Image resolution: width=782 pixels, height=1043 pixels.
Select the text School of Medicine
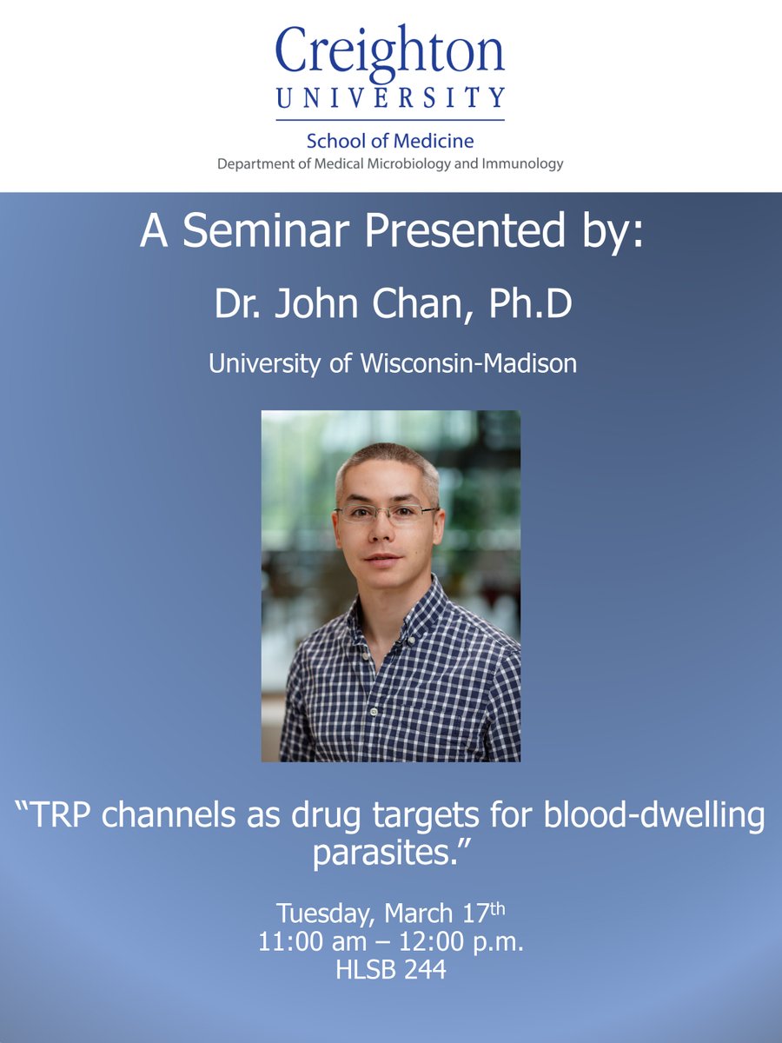[390, 141]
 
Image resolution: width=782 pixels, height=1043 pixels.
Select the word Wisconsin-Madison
[468, 362]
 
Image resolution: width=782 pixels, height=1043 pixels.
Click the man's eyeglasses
[387, 513]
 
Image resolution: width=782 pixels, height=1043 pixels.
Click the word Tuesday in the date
[326, 913]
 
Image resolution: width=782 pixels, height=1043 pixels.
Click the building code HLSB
[363, 969]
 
